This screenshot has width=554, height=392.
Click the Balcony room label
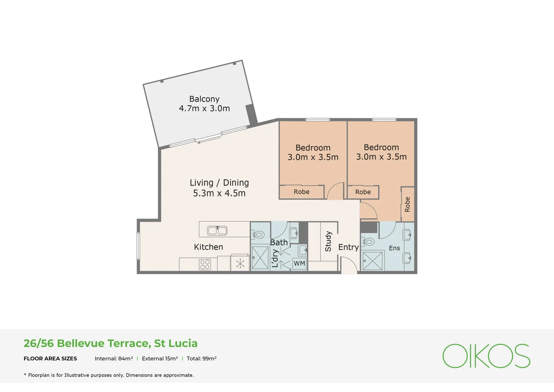204,99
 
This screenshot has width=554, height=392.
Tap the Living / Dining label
219,183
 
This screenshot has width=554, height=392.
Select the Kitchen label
208,247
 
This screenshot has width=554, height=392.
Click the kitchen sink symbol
217,230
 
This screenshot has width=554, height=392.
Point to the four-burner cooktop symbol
205,264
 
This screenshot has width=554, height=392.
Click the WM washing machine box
299,263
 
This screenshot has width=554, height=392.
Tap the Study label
328,241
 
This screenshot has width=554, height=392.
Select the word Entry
348,247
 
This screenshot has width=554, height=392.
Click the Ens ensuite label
394,248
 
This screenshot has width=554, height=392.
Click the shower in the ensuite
372,261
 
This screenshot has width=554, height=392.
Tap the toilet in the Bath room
258,235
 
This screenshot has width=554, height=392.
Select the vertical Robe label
408,204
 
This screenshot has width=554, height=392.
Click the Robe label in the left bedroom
302,192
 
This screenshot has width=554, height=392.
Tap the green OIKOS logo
486,356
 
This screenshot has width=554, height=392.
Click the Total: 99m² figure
202,359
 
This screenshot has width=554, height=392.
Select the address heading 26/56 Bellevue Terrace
111,343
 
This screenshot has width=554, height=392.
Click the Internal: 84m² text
114,359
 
